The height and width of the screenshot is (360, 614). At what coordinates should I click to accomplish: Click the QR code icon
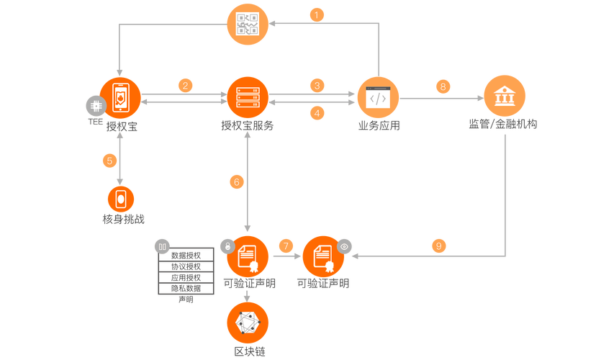[x=247, y=24]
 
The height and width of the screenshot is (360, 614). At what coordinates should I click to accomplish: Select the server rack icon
[x=247, y=96]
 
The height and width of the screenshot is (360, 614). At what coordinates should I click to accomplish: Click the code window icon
[x=378, y=96]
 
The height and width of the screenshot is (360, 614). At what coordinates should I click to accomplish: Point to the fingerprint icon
[x=120, y=199]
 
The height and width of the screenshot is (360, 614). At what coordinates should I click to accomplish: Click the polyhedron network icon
[x=247, y=323]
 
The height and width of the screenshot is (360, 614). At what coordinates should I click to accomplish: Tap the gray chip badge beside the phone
[x=94, y=105]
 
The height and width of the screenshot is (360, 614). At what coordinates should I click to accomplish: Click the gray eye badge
[x=345, y=246]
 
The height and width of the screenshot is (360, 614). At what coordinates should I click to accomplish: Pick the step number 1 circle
[x=317, y=14]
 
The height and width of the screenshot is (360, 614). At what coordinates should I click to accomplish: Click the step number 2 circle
[x=186, y=85]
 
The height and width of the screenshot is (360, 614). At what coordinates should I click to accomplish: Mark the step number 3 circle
[x=317, y=86]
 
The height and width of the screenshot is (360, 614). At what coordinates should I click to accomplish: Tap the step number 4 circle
[x=317, y=112]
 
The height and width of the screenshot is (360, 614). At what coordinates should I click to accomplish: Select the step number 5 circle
[x=109, y=160]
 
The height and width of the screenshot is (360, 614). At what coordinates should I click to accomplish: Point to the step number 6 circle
[x=238, y=181]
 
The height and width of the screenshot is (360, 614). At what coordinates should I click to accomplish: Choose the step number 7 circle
[x=286, y=246]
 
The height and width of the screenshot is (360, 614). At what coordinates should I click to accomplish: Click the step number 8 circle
[x=443, y=86]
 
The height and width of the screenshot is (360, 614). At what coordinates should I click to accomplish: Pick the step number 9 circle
[x=438, y=246]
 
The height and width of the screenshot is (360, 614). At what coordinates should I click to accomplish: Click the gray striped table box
[x=186, y=271]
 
